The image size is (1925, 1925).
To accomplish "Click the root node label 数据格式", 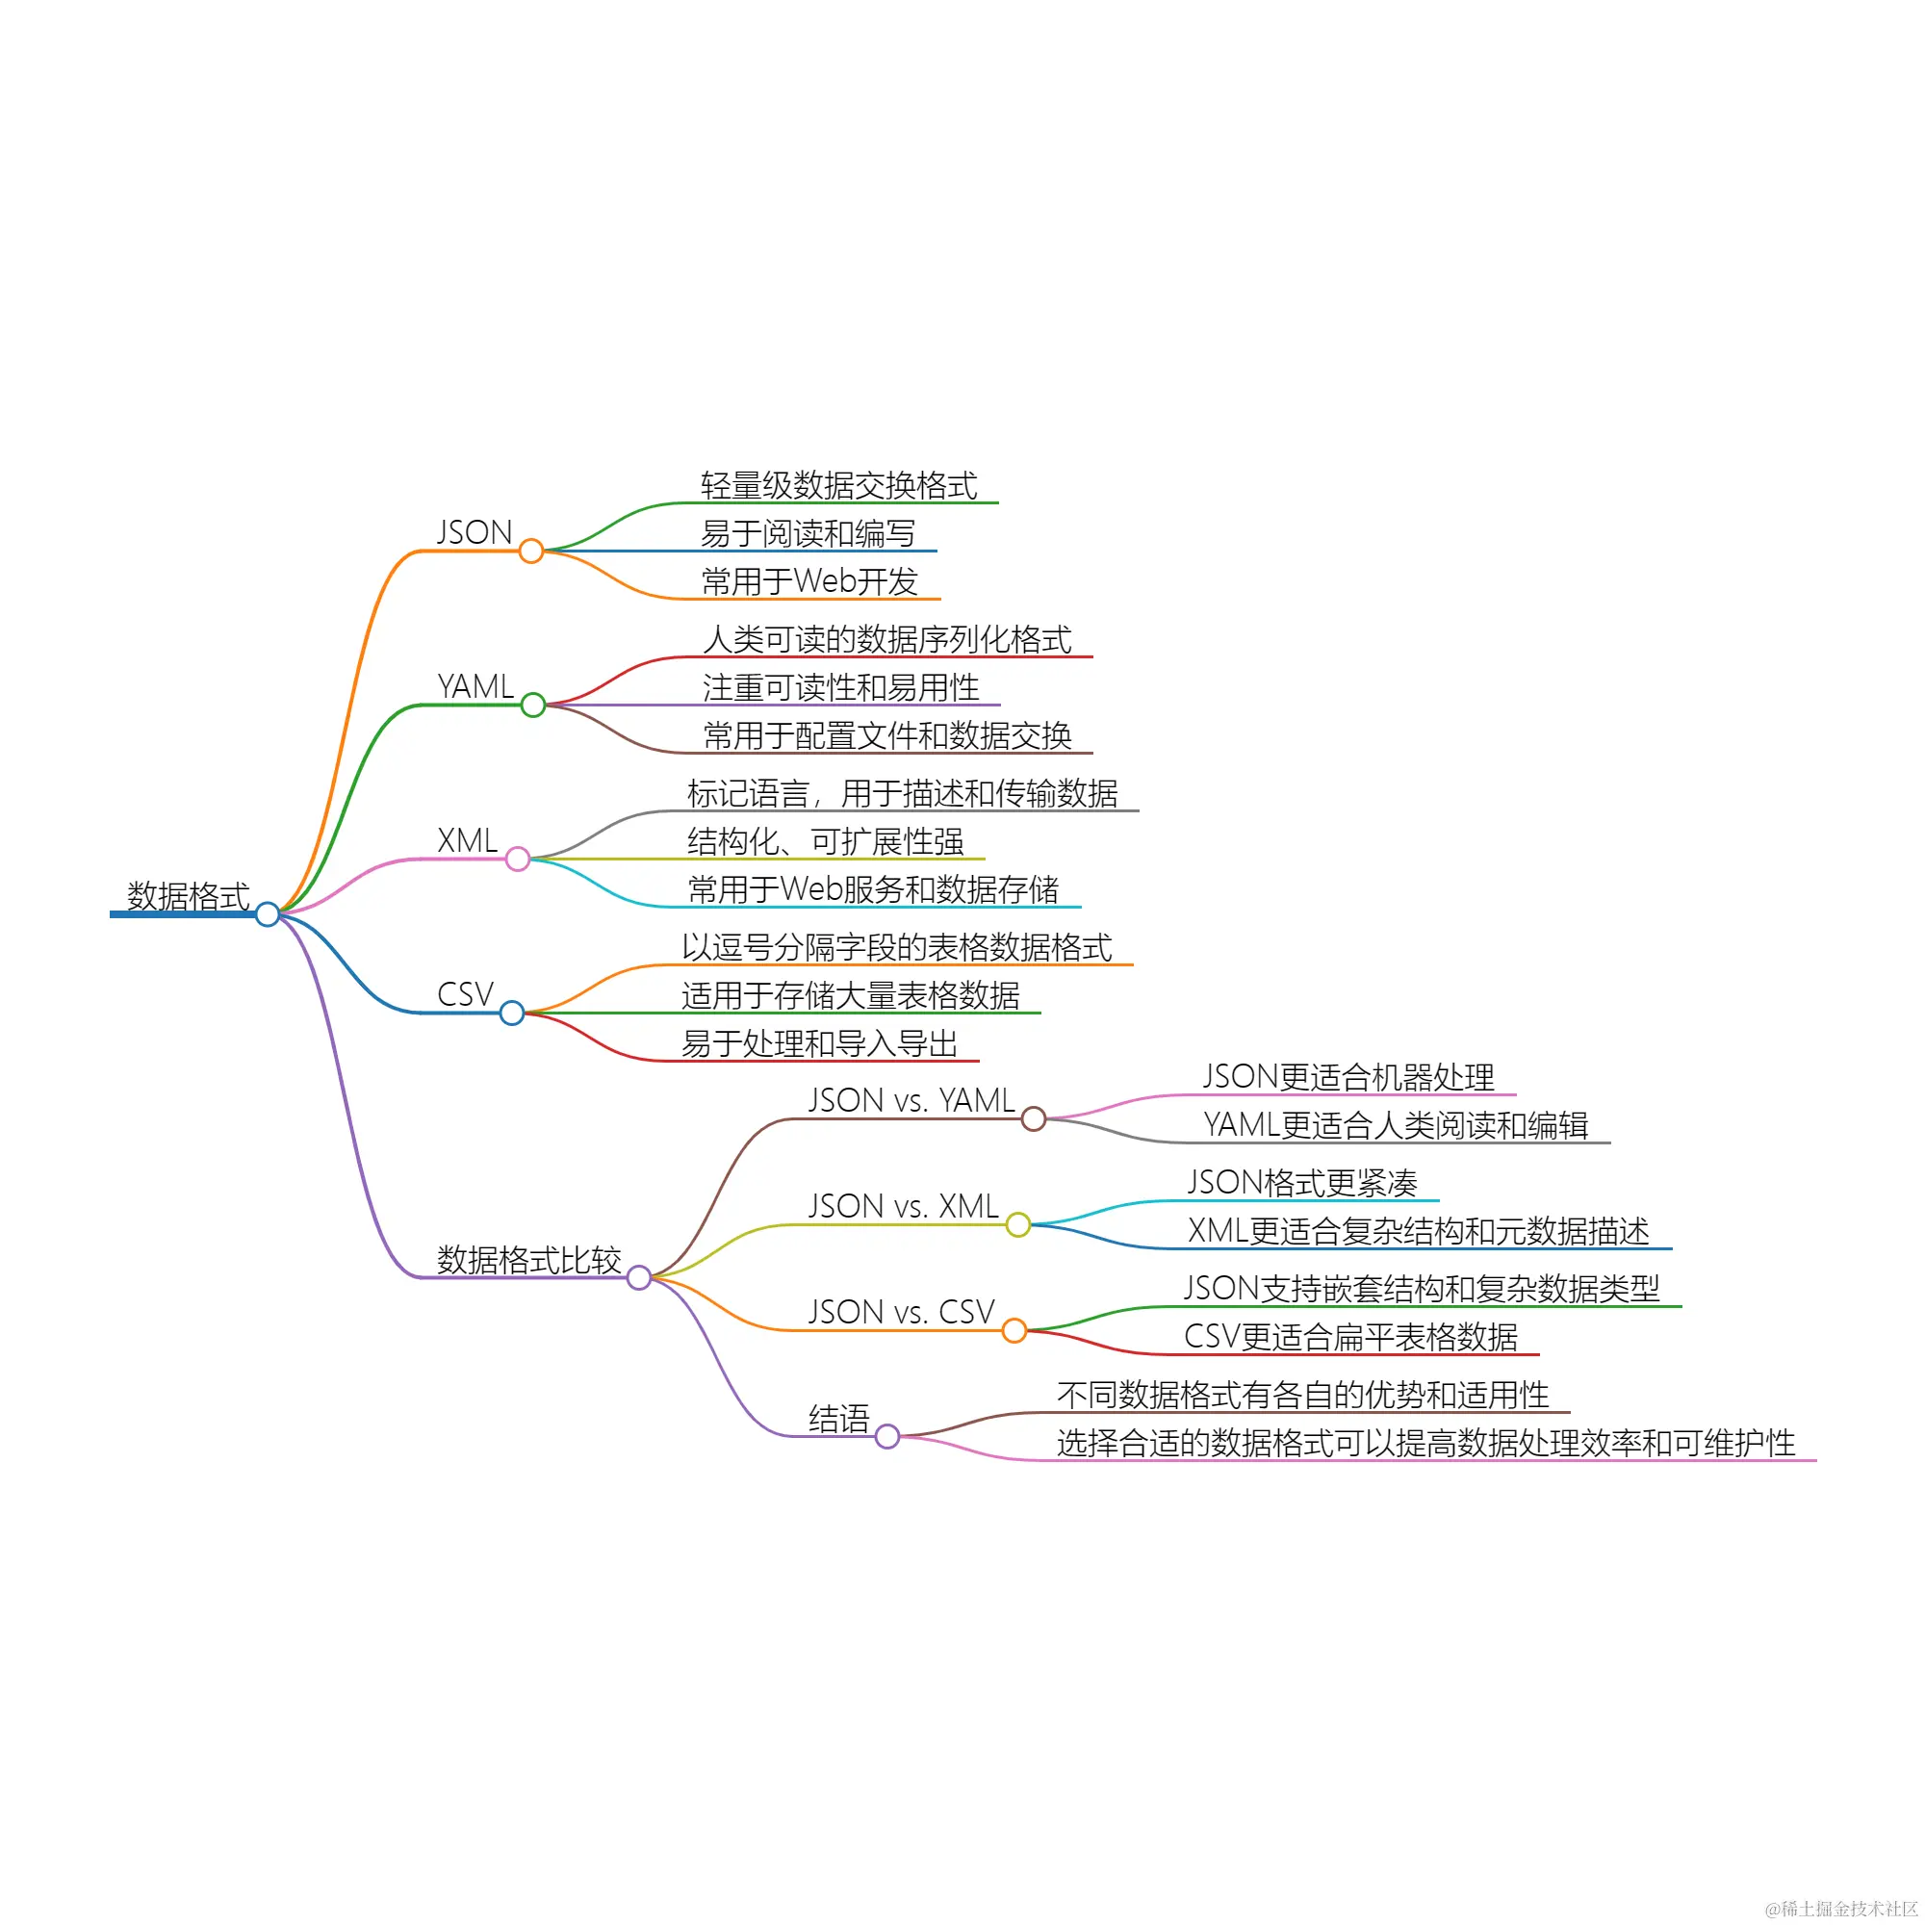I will click(x=188, y=896).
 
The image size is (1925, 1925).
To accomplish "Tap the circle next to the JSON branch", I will click(x=531, y=550).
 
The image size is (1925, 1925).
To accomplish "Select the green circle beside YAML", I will click(x=533, y=705).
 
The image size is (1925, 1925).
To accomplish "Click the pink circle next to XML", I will click(x=517, y=859).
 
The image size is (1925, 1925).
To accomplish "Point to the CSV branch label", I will click(x=465, y=994).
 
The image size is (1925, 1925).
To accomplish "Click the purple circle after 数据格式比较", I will click(x=639, y=1277).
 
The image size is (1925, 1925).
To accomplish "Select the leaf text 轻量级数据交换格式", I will click(x=839, y=485).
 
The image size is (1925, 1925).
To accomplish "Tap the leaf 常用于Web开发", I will click(x=809, y=581).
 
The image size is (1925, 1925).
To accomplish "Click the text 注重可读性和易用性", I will click(x=841, y=687).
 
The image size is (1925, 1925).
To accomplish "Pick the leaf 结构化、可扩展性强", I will click(x=825, y=842).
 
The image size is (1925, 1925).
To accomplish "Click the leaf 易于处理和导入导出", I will click(x=819, y=1043).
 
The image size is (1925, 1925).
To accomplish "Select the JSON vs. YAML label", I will click(x=911, y=1100).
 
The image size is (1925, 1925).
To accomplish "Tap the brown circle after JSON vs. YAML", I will click(x=1033, y=1119).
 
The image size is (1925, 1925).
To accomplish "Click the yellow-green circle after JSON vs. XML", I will click(x=1017, y=1224).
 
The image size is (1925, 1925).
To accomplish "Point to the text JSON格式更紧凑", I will click(x=1302, y=1183).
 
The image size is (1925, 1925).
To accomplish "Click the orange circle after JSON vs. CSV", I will click(x=1014, y=1330).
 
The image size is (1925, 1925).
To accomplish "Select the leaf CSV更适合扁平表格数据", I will click(x=1350, y=1337).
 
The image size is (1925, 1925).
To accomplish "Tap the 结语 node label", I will click(x=839, y=1419).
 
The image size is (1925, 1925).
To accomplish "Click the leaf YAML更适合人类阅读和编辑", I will click(x=1395, y=1125).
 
